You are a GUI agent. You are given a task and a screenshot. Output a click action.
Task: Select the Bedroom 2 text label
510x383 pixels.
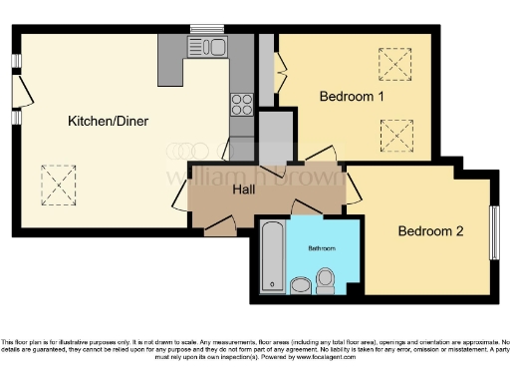tap(431, 231)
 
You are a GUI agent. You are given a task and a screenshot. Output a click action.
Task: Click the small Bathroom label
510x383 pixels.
tap(321, 246)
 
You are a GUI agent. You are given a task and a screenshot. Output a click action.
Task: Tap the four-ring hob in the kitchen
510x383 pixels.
tap(242, 105)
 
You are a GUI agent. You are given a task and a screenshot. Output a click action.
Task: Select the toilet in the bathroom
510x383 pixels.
tap(326, 280)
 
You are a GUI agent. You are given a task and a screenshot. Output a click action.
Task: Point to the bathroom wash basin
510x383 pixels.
tap(301, 286)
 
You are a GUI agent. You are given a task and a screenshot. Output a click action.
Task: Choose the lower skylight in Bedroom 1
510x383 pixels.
tap(396, 133)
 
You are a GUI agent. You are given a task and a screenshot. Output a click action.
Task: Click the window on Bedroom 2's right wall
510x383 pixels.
tap(494, 231)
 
